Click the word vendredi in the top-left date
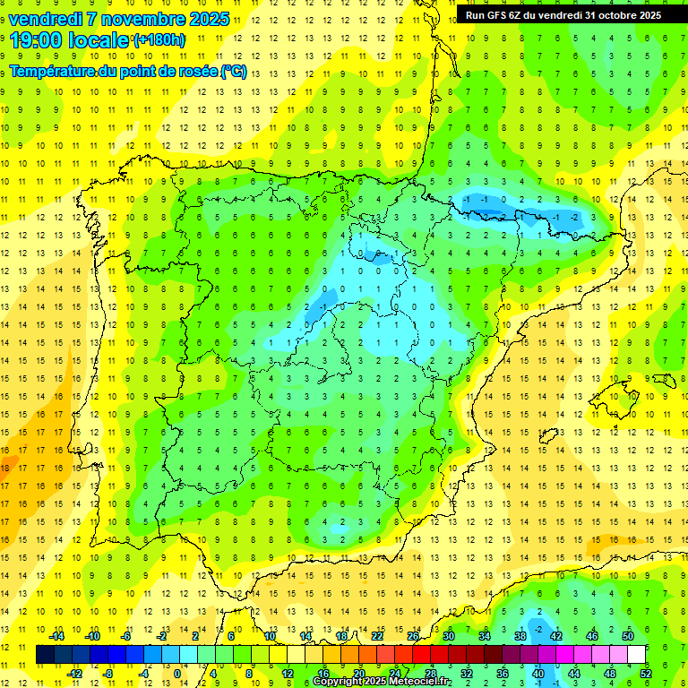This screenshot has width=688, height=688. (47, 19)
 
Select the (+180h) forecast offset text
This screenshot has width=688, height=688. (159, 40)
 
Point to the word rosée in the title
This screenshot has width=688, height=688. (196, 72)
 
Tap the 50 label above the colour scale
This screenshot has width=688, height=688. (628, 635)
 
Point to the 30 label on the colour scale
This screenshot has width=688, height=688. (449, 635)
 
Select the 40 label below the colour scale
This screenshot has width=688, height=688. (537, 673)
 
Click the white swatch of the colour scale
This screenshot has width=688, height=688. (637, 654)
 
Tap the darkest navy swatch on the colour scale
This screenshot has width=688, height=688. (45, 654)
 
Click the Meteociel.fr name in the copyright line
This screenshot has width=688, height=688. (419, 682)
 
